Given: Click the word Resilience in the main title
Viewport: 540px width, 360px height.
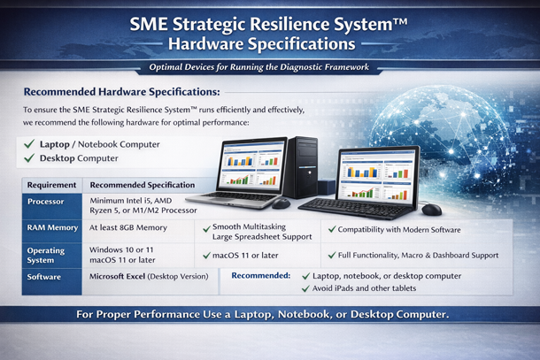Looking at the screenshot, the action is click(x=289, y=25).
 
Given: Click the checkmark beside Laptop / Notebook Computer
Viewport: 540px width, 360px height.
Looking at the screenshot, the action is click(x=29, y=143).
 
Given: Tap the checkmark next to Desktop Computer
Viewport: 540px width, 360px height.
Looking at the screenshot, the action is click(x=29, y=158).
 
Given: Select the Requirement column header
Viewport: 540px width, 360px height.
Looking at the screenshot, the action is click(x=51, y=185).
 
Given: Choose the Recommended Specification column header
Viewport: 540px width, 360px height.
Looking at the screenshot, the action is click(x=143, y=185).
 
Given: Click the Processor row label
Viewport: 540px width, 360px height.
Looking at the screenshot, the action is click(x=45, y=202).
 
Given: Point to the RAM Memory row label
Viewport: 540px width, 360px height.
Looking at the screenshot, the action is click(x=52, y=227).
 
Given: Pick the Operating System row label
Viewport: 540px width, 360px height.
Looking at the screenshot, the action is click(x=46, y=255).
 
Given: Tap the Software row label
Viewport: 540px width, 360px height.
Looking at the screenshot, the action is click(x=43, y=277).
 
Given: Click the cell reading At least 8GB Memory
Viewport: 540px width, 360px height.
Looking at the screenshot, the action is click(x=128, y=227).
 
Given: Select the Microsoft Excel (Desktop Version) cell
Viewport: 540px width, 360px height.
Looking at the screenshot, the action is click(x=149, y=276).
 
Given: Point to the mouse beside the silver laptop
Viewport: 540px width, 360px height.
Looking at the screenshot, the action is click(x=281, y=203).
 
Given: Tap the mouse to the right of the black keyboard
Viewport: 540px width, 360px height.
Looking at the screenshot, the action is click(x=431, y=210).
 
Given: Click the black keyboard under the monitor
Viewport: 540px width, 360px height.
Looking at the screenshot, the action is click(x=356, y=208).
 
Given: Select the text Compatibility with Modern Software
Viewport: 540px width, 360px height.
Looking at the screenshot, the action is click(x=398, y=230).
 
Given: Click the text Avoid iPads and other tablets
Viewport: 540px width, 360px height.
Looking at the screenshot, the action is click(x=364, y=288).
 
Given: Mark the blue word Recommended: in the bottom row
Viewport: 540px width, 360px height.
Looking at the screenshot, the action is click(x=260, y=276).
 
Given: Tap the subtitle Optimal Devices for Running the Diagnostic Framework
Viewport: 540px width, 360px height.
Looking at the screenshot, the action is click(x=259, y=66).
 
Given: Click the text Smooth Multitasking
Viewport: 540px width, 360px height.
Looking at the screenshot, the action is click(x=249, y=226).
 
